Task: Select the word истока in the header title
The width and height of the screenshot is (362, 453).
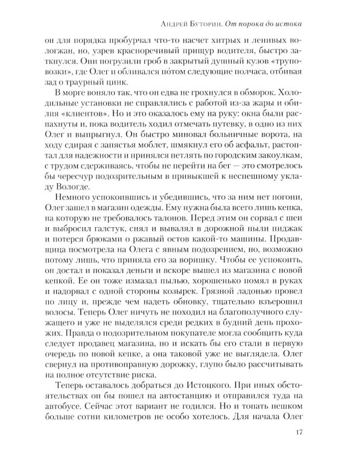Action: [288, 24]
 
